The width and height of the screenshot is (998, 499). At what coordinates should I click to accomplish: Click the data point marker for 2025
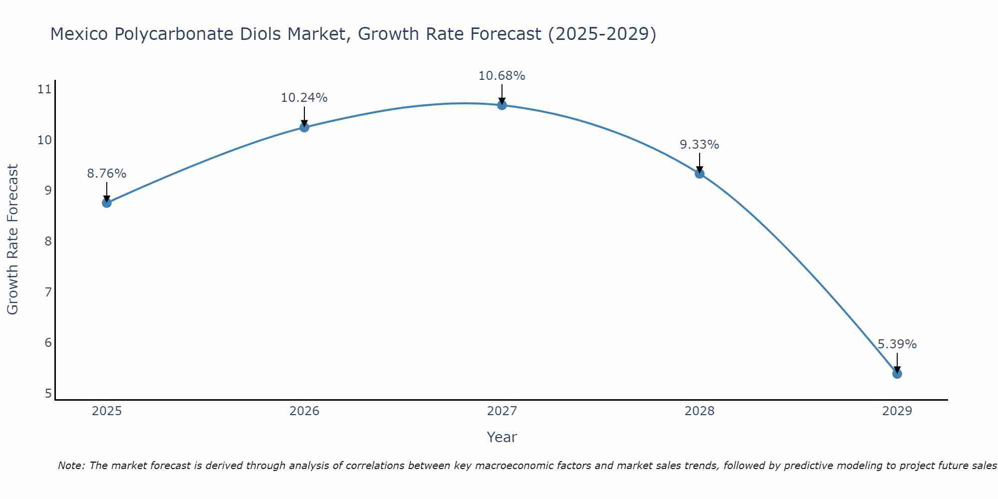click(x=107, y=203)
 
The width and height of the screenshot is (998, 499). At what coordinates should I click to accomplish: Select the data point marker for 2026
click(x=304, y=127)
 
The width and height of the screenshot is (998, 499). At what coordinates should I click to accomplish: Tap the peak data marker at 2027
click(x=502, y=105)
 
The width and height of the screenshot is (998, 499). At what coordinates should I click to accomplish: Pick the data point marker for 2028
click(x=700, y=174)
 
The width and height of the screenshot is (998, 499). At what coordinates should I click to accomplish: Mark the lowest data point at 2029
click(x=897, y=374)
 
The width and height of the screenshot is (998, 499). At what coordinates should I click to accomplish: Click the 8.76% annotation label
click(x=107, y=174)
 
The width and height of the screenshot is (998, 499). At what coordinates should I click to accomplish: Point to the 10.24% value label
click(x=304, y=98)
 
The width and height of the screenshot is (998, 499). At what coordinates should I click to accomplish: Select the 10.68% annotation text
click(x=502, y=76)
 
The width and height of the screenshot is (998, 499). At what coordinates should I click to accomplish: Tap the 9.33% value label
click(x=700, y=145)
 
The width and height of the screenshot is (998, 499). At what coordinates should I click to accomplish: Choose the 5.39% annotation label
click(x=897, y=344)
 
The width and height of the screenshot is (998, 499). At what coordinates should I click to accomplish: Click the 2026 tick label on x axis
click(x=304, y=411)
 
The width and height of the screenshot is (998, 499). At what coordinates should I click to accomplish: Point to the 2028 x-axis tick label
click(x=700, y=411)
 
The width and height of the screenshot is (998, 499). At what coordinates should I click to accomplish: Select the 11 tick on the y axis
click(x=44, y=89)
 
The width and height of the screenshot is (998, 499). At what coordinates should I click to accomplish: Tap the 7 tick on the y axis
click(x=48, y=292)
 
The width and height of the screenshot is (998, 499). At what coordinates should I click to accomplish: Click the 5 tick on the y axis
click(x=48, y=393)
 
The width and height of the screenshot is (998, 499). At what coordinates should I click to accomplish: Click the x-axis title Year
click(x=502, y=437)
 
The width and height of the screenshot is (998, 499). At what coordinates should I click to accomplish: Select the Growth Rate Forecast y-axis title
click(x=13, y=240)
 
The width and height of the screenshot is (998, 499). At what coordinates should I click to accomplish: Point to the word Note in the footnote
click(x=71, y=466)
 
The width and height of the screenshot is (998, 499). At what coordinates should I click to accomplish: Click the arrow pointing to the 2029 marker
click(x=897, y=363)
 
